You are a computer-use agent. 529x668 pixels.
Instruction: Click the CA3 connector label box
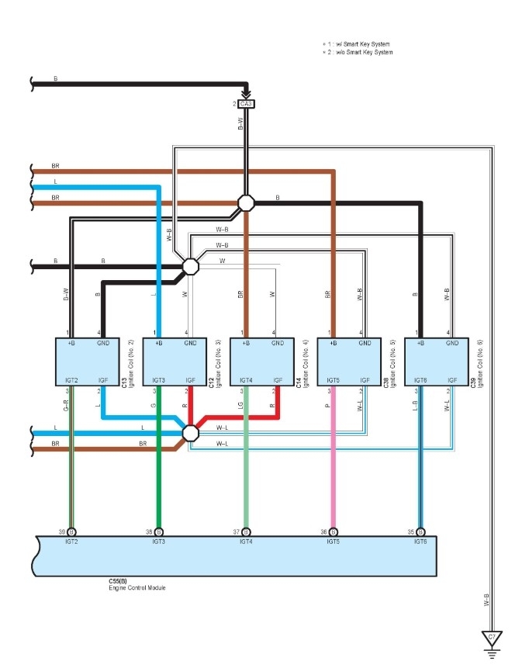click(x=246, y=103)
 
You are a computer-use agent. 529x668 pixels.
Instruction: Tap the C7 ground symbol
click(x=491, y=639)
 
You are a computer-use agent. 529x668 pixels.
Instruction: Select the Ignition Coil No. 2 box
click(x=86, y=361)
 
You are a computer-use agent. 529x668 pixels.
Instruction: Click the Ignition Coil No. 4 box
click(x=261, y=361)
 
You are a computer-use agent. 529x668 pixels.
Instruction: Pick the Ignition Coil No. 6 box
click(x=436, y=361)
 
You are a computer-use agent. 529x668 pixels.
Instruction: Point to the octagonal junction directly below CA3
click(x=246, y=202)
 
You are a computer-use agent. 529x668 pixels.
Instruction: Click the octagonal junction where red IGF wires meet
click(x=190, y=431)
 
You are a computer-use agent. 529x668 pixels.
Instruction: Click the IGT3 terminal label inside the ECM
click(x=159, y=541)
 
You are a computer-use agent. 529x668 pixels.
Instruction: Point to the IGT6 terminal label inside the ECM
click(x=420, y=541)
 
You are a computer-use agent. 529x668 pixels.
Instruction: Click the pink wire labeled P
click(x=334, y=466)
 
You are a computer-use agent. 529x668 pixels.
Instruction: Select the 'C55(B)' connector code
click(x=118, y=581)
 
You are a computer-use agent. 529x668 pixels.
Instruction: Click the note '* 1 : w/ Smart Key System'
click(x=357, y=45)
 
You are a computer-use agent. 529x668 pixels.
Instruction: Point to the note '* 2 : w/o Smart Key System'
click(x=358, y=53)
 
